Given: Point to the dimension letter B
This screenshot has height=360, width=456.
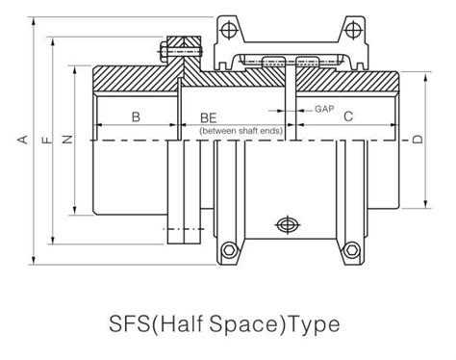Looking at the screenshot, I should click(x=136, y=116).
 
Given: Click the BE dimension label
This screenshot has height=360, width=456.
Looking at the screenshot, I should click(x=208, y=116).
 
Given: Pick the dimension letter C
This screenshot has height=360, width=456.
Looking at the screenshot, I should click(x=348, y=116).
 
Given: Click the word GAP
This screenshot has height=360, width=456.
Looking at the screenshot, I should click(x=324, y=108).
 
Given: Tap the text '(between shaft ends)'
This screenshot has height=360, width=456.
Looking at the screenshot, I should click(x=236, y=129).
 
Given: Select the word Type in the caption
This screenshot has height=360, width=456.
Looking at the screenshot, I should click(x=311, y=320).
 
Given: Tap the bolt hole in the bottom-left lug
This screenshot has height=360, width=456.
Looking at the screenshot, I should click(x=229, y=253).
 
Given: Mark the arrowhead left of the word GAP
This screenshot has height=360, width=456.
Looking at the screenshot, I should click(x=302, y=108).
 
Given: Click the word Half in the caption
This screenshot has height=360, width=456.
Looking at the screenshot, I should click(x=191, y=320).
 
